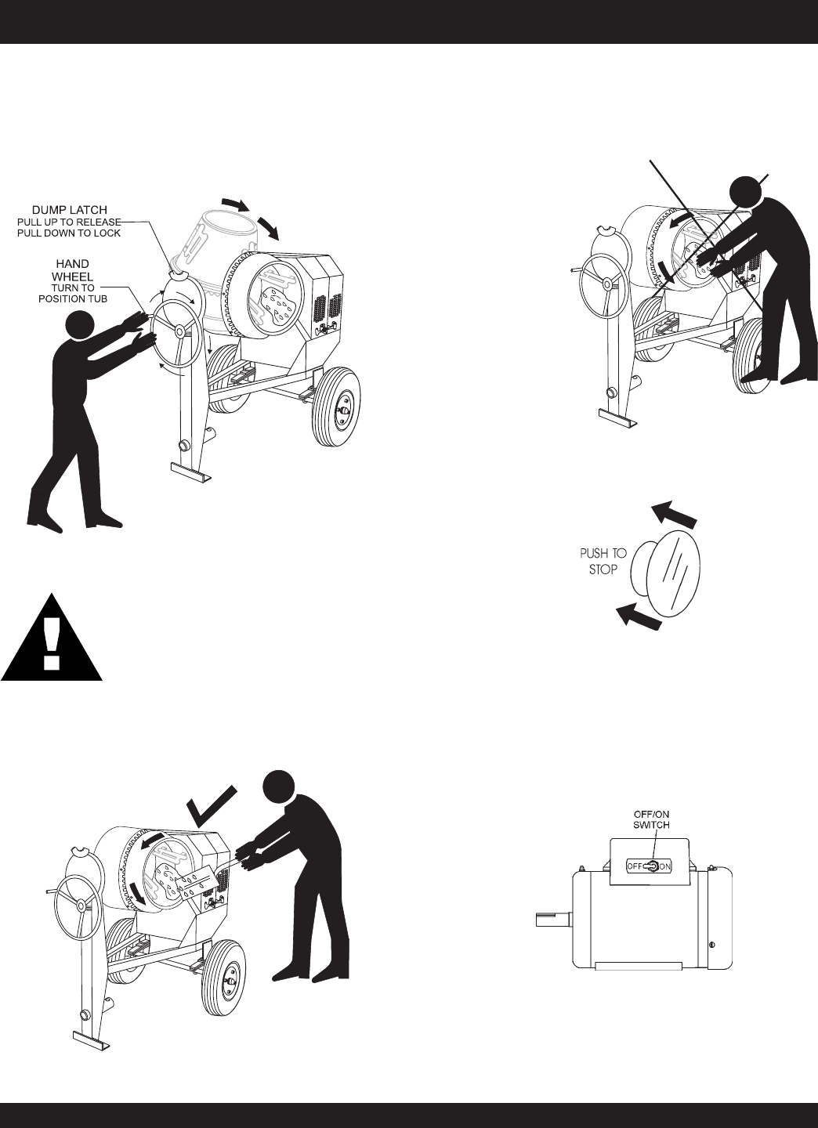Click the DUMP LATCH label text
coord(69,210)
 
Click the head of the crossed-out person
coord(746,191)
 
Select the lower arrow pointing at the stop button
coord(639,617)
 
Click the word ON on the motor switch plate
coord(664,866)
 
